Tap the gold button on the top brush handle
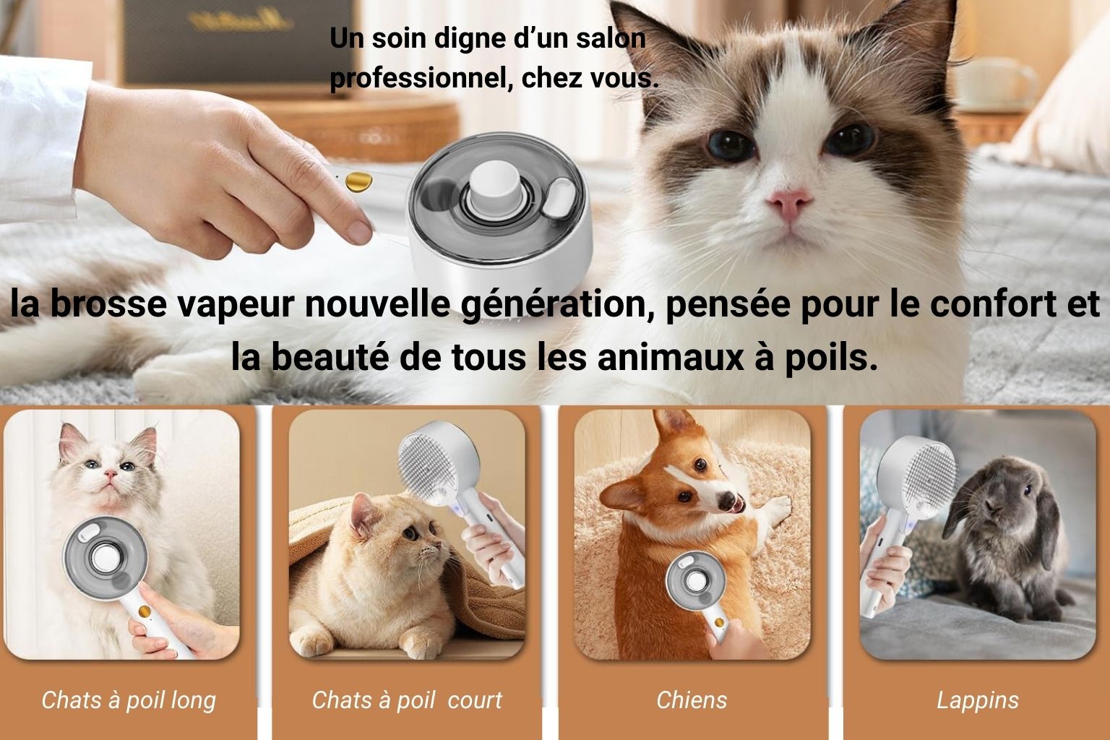(x=358, y=181)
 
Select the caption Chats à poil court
(x=407, y=701)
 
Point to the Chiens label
(x=692, y=700)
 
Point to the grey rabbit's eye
(x=1027, y=490)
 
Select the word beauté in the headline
(x=330, y=357)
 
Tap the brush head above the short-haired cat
(x=438, y=462)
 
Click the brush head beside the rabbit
(x=916, y=478)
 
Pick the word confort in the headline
(x=997, y=304)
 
